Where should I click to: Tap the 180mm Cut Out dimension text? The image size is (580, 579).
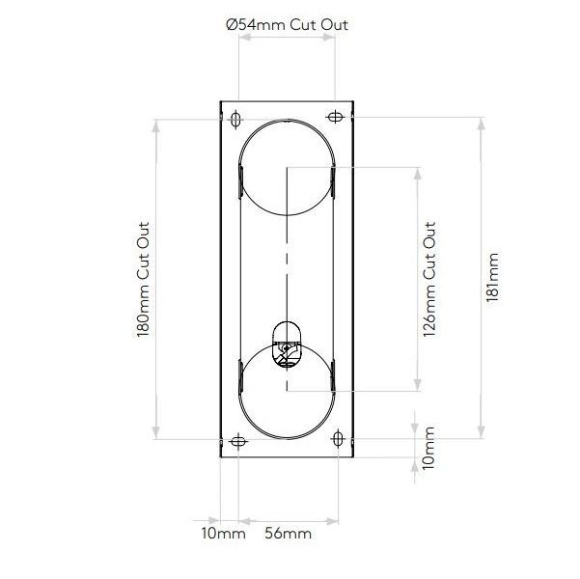coord(142,275)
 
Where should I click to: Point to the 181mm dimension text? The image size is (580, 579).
coord(494,277)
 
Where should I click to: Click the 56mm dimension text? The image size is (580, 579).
coord(288,533)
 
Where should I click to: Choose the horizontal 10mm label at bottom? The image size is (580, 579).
coord(223,533)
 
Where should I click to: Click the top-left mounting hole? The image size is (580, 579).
coord(236,118)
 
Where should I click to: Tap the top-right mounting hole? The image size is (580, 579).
coord(335,118)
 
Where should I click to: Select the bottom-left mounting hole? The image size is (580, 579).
coord(237,442)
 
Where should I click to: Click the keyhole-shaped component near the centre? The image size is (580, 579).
coord(287,345)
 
